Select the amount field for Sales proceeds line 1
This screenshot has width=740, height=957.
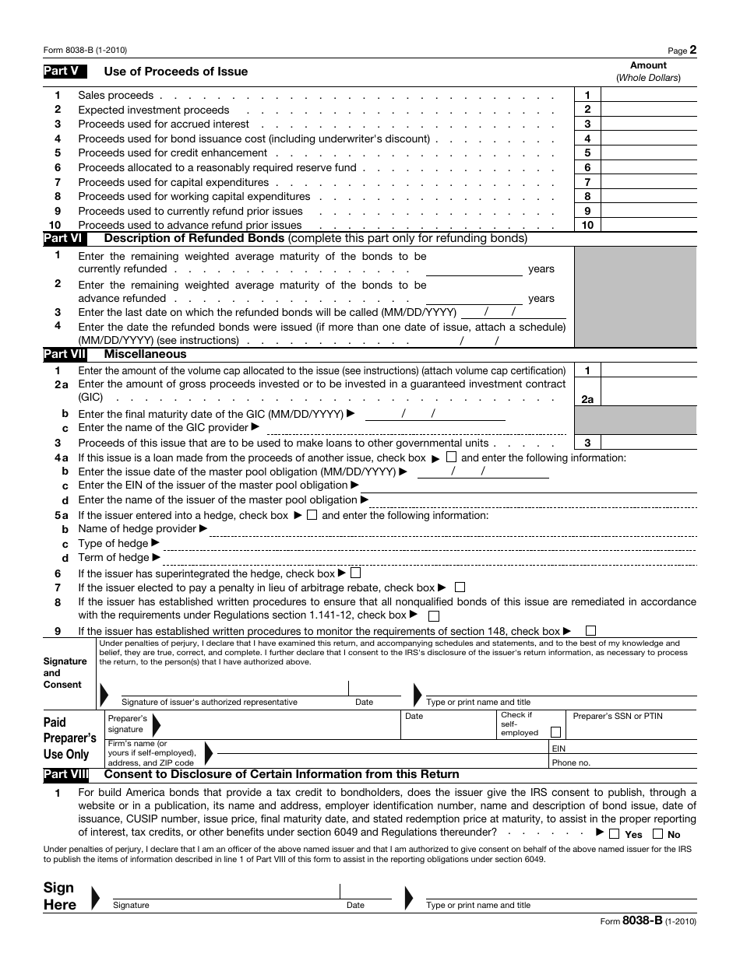click(649, 95)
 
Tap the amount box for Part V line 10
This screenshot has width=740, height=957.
click(649, 225)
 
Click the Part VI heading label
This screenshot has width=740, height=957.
click(65, 238)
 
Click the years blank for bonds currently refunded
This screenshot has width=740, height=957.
click(474, 268)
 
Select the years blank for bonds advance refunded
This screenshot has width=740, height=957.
click(474, 298)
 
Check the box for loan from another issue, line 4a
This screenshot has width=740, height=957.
click(452, 457)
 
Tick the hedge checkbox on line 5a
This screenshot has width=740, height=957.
click(312, 514)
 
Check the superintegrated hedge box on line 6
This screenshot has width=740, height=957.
click(356, 573)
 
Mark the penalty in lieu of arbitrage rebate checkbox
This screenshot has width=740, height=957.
click(460, 587)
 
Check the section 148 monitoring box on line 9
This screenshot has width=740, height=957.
click(591, 631)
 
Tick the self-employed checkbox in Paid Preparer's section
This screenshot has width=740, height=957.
click(555, 732)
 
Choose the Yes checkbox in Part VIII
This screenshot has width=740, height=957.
click(614, 834)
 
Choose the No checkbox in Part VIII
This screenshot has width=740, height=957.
click(657, 834)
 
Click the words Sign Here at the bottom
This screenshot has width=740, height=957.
click(60, 896)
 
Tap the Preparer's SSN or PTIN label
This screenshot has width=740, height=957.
click(618, 716)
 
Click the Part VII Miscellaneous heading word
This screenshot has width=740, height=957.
click(145, 354)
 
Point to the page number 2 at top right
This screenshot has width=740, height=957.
click(693, 50)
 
